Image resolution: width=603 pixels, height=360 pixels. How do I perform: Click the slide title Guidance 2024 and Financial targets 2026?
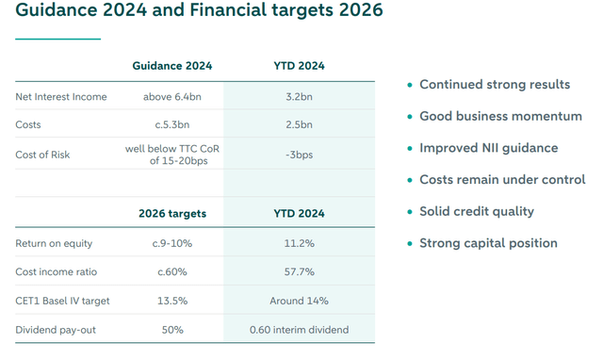click(200, 13)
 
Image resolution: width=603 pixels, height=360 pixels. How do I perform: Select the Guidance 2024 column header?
click(172, 66)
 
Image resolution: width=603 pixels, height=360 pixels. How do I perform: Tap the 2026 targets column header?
click(172, 214)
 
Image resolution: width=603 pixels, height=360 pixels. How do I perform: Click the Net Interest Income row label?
click(61, 97)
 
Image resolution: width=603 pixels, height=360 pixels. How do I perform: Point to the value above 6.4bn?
click(172, 97)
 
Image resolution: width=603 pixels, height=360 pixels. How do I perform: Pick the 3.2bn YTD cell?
click(299, 97)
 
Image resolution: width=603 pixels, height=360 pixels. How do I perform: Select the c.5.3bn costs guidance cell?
click(172, 125)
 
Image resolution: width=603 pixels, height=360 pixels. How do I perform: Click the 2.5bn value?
click(299, 125)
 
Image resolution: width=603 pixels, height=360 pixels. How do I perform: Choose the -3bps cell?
click(299, 155)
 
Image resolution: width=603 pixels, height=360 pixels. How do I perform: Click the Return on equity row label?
click(54, 244)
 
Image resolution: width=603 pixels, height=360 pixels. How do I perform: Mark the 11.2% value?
click(299, 244)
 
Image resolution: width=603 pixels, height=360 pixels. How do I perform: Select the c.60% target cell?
click(172, 272)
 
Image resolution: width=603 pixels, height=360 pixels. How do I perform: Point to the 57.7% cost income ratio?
click(299, 272)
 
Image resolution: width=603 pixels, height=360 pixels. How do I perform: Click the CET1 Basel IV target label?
click(62, 302)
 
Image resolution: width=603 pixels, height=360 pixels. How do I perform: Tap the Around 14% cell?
click(299, 302)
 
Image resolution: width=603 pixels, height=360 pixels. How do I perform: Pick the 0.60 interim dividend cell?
click(299, 330)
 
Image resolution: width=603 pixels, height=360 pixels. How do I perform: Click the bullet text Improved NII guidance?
click(488, 148)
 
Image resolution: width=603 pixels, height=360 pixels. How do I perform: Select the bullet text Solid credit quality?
click(477, 211)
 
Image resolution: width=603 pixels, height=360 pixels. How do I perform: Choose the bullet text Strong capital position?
click(488, 243)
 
